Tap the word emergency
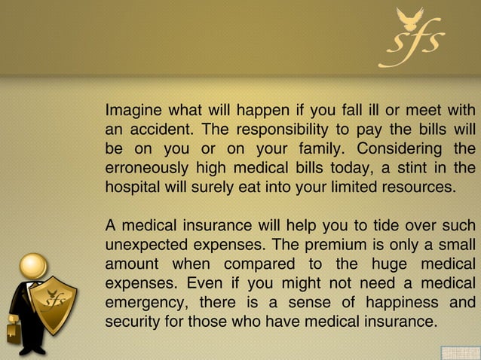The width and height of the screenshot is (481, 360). point(144,303)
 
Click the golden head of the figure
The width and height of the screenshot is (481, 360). point(33,265)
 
